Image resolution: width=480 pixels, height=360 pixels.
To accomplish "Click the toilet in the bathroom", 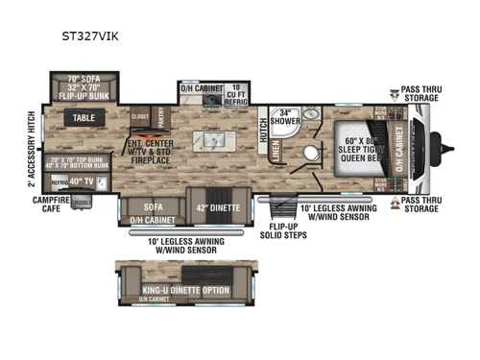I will [307, 156].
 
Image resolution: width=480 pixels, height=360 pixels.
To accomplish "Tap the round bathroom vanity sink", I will [310, 114].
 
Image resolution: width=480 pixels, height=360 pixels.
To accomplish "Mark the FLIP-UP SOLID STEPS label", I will [279, 233].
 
